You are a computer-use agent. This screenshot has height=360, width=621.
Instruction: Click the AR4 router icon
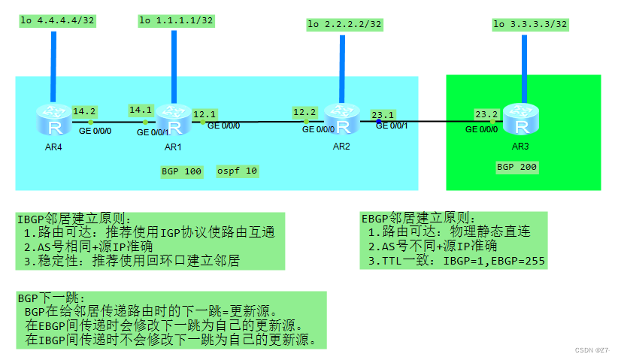pyautogui.click(x=53, y=119)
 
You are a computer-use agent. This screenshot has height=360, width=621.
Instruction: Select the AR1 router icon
pyautogui.click(x=173, y=119)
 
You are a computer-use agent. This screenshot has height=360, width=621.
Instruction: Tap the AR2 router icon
pyautogui.click(x=341, y=118)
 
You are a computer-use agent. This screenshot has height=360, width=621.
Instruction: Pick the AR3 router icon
pyautogui.click(x=520, y=119)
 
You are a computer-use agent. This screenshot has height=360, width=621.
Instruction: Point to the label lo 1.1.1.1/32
pyautogui.click(x=176, y=20)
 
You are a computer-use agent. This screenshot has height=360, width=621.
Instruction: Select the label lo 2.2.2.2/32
pyautogui.click(x=345, y=25)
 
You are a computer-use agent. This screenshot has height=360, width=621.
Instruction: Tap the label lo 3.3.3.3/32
pyautogui.click(x=530, y=25)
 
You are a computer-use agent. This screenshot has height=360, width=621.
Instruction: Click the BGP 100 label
pyautogui.click(x=181, y=171)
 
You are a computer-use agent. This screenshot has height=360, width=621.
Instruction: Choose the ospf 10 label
pyautogui.click(x=237, y=171)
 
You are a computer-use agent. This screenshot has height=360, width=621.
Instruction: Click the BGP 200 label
pyautogui.click(x=517, y=167)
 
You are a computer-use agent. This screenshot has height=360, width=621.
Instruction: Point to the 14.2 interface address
pyautogui.click(x=84, y=110)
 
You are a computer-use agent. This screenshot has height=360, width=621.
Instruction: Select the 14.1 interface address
pyautogui.click(x=141, y=110)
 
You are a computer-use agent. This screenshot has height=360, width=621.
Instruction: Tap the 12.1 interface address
pyautogui.click(x=204, y=114)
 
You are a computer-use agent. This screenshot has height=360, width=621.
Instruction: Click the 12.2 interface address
pyautogui.click(x=304, y=112)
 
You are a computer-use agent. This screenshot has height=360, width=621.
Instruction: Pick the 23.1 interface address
pyautogui.click(x=383, y=114)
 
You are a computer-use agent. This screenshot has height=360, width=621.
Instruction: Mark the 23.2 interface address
pyautogui.click(x=486, y=114)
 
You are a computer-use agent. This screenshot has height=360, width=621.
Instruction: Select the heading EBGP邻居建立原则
pyautogui.click(x=418, y=218)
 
